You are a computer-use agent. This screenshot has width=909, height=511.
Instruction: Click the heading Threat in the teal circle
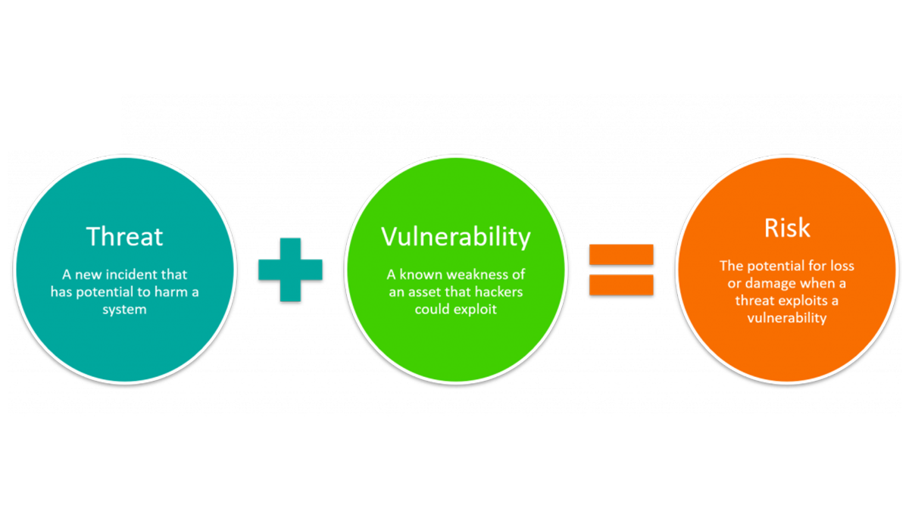[124, 236]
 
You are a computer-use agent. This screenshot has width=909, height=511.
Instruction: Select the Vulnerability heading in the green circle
[455, 236]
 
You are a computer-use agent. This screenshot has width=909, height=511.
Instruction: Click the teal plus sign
[290, 270]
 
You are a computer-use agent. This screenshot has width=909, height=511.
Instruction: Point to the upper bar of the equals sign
[621, 254]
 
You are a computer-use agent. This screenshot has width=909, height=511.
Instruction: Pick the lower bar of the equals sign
[621, 284]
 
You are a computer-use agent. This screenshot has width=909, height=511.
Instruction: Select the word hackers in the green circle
[496, 291]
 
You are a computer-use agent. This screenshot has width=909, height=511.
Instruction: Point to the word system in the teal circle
[124, 309]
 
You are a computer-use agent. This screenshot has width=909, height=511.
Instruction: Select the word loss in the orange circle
[842, 266]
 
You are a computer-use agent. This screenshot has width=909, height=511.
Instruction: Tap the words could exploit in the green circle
[455, 309]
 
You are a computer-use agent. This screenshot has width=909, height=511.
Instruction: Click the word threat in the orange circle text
[753, 301]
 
